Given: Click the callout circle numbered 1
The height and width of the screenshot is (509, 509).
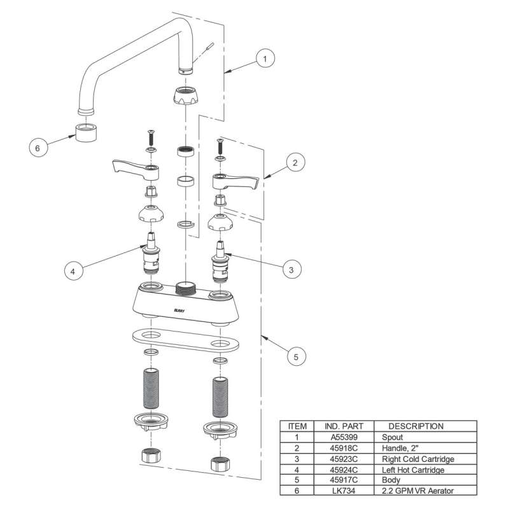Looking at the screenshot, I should click(266, 59).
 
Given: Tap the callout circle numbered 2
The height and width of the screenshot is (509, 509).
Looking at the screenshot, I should click(294, 163).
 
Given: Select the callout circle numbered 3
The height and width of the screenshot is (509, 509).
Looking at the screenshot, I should click(290, 270).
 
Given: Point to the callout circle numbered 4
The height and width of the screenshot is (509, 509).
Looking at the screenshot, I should click(73, 271).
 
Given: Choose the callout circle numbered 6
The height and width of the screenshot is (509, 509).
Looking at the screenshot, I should click(38, 148).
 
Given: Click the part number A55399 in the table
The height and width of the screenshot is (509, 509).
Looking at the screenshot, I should click(342, 438).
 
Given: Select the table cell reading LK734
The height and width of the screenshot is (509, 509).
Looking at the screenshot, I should click(342, 491).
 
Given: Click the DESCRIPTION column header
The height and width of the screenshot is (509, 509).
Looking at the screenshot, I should click(415, 426).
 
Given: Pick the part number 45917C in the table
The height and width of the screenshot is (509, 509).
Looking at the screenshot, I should click(342, 480).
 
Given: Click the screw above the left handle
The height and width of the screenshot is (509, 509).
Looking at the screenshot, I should click(151, 136).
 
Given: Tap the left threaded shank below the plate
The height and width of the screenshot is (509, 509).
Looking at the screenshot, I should click(150, 388).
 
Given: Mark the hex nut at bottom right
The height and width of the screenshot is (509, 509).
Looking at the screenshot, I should click(219, 461).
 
